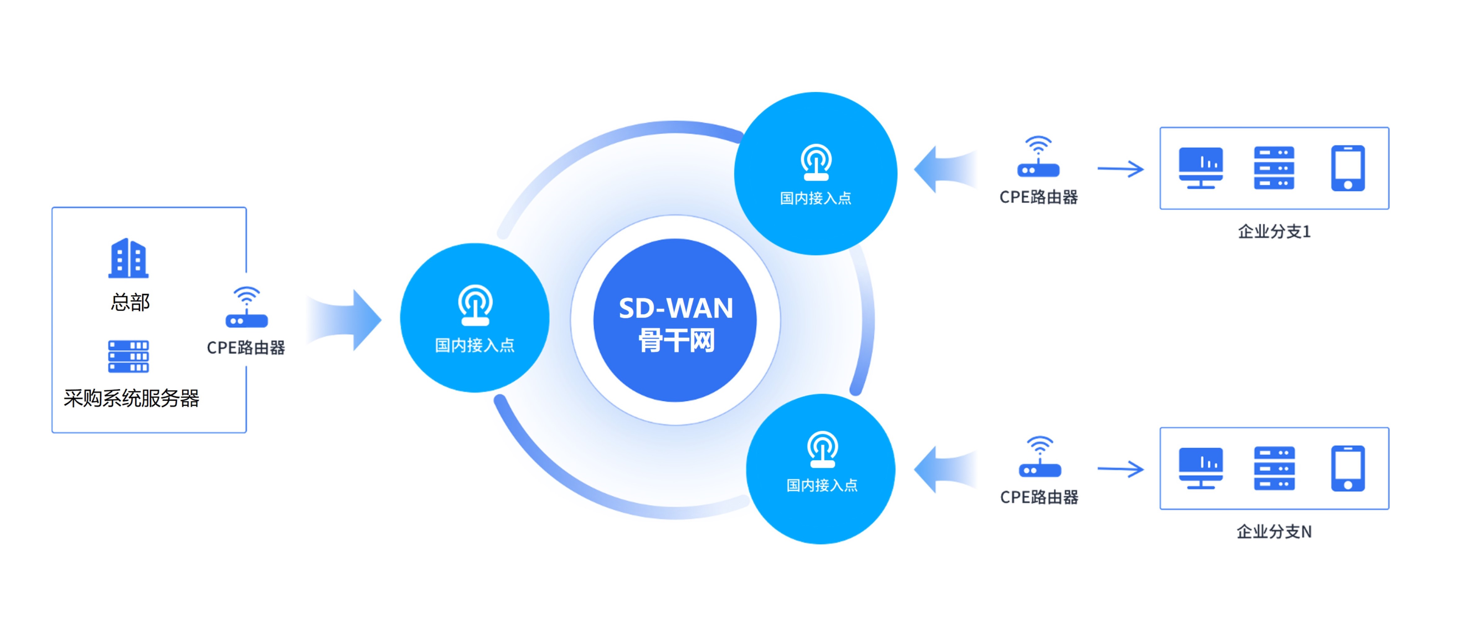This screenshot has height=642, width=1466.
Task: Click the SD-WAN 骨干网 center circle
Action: [675, 320]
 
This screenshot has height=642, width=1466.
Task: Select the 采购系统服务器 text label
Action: [132, 398]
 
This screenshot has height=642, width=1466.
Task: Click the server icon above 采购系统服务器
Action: [129, 356]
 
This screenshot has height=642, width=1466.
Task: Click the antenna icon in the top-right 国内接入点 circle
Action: [816, 162]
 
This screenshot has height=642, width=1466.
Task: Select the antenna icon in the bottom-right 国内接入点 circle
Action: [822, 450]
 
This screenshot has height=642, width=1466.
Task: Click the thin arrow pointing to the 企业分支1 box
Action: [1120, 169]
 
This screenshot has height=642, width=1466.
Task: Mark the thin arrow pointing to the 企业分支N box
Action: [1120, 469]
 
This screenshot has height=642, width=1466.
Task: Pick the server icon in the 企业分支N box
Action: [1274, 468]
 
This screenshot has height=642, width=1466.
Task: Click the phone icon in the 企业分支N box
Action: [1348, 468]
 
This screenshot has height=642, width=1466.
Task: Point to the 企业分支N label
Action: [1274, 531]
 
